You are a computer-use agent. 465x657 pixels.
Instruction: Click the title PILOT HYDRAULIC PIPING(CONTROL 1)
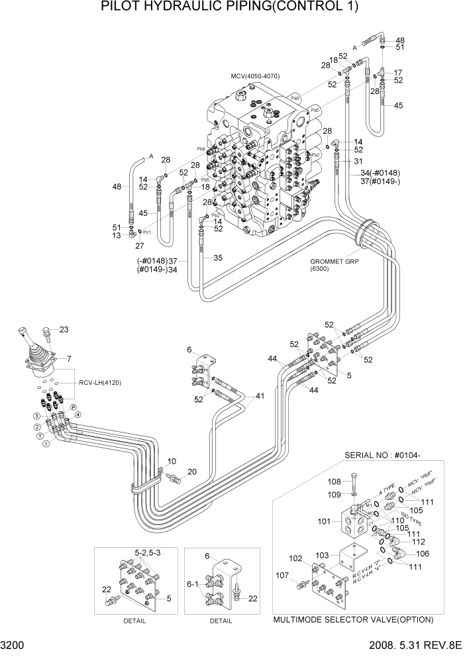[x=231, y=7]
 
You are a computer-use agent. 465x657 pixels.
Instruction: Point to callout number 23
[x=64, y=329]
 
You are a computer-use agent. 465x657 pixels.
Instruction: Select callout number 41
[x=260, y=396]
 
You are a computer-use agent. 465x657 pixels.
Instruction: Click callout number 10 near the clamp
[x=172, y=461]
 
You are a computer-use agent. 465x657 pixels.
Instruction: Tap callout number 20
[x=192, y=472]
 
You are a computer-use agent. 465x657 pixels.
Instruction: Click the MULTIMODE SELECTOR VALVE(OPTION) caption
[x=353, y=620]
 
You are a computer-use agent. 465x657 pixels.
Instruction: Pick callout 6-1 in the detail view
[x=193, y=584]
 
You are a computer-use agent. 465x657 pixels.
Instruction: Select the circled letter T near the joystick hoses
[x=41, y=437]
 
